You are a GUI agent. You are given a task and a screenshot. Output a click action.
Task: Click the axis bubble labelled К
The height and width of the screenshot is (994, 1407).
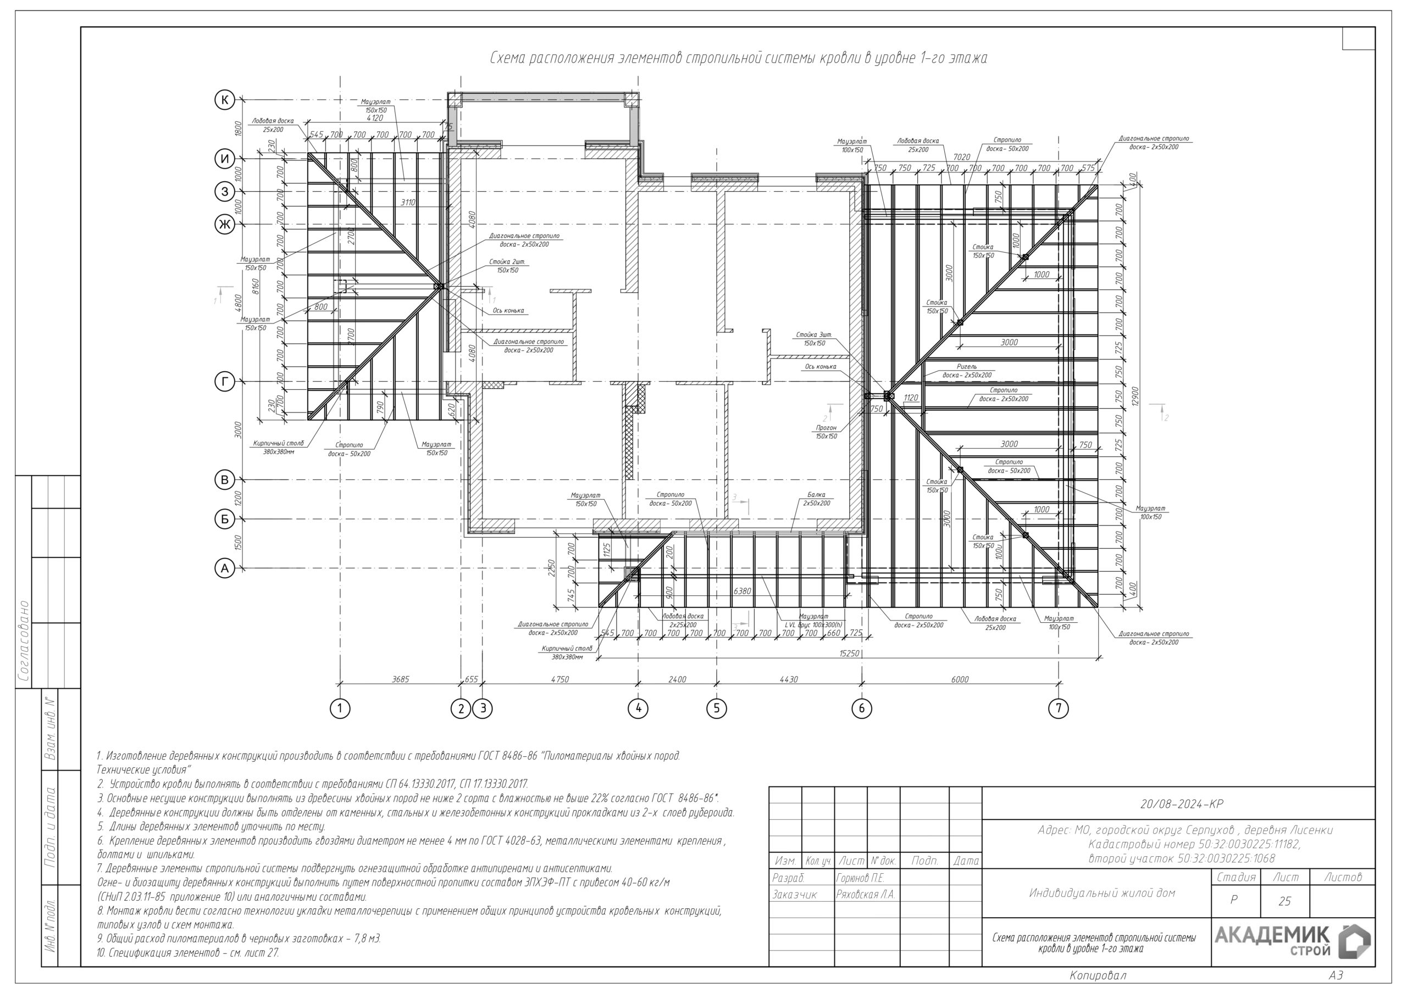225,99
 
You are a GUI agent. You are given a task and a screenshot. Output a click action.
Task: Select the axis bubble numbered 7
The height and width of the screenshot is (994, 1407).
1059,708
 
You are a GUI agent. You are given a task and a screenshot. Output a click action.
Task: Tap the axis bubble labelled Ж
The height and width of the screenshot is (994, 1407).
225,224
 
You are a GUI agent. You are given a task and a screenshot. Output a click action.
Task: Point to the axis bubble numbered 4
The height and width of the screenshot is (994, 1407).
638,708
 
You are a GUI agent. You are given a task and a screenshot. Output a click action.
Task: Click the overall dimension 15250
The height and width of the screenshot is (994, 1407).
849,654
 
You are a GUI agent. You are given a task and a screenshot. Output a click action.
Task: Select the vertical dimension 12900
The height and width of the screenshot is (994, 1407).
1134,395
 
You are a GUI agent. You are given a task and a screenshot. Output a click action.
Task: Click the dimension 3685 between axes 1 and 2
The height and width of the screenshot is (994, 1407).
400,679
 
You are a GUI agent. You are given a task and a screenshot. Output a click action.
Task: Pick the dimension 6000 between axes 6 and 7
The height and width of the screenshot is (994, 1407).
960,679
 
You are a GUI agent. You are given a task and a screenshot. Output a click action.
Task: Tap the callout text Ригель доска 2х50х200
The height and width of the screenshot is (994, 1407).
967,371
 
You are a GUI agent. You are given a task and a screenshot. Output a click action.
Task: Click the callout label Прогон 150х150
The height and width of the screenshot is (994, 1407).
826,432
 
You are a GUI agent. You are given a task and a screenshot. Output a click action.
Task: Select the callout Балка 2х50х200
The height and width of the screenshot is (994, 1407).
816,499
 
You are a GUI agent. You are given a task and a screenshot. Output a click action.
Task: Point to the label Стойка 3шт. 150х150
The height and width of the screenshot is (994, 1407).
814,339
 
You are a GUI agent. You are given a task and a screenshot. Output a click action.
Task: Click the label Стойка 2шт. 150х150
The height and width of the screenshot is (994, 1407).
507,266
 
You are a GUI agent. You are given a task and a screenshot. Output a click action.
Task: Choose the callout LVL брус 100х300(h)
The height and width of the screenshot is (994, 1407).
814,625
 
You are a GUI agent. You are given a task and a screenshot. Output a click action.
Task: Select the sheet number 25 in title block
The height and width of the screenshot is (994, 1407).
1284,901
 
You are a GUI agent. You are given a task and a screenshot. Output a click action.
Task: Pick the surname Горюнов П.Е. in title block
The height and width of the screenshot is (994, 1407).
860,878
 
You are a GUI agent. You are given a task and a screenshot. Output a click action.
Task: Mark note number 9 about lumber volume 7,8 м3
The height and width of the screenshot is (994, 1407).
239,939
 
